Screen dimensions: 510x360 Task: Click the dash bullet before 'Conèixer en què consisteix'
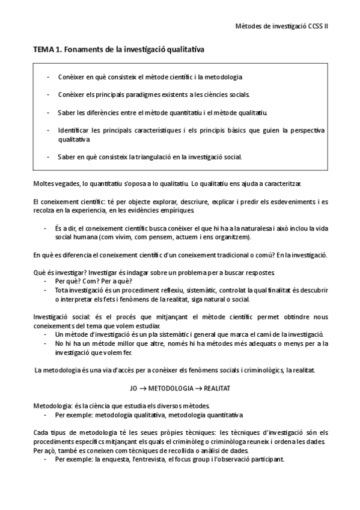click(47, 77)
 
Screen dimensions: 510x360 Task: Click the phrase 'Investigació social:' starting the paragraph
click(61, 316)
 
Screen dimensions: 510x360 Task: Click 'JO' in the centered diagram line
click(134, 388)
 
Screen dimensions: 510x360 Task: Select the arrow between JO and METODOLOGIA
click(144, 388)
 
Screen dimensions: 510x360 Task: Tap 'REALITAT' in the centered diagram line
click(213, 388)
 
